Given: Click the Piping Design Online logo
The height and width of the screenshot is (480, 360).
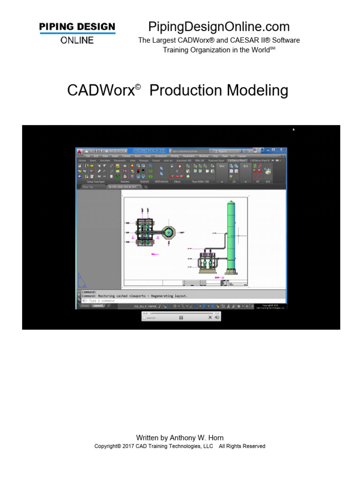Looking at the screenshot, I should tap(77, 33).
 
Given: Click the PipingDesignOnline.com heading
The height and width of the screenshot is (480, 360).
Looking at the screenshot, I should tap(219, 27).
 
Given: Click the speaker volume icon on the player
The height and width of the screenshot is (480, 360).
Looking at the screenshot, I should tap(217, 317).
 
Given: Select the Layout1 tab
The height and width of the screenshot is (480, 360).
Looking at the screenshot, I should tap(98, 306).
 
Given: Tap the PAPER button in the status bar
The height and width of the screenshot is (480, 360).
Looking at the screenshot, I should tap(152, 306).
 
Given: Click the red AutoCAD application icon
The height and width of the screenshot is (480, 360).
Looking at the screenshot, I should tap(80, 151).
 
